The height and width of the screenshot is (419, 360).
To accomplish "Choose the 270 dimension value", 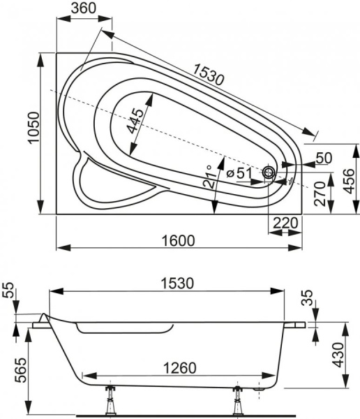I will (x=320, y=197).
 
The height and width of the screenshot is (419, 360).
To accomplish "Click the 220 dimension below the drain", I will (x=286, y=223).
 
